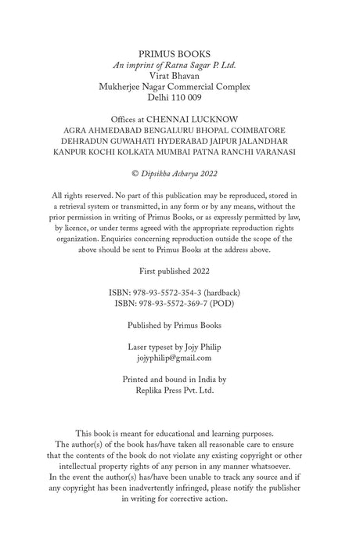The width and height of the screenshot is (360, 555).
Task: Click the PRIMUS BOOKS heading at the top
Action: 179,52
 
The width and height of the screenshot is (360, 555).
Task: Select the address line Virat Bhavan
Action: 179,76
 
